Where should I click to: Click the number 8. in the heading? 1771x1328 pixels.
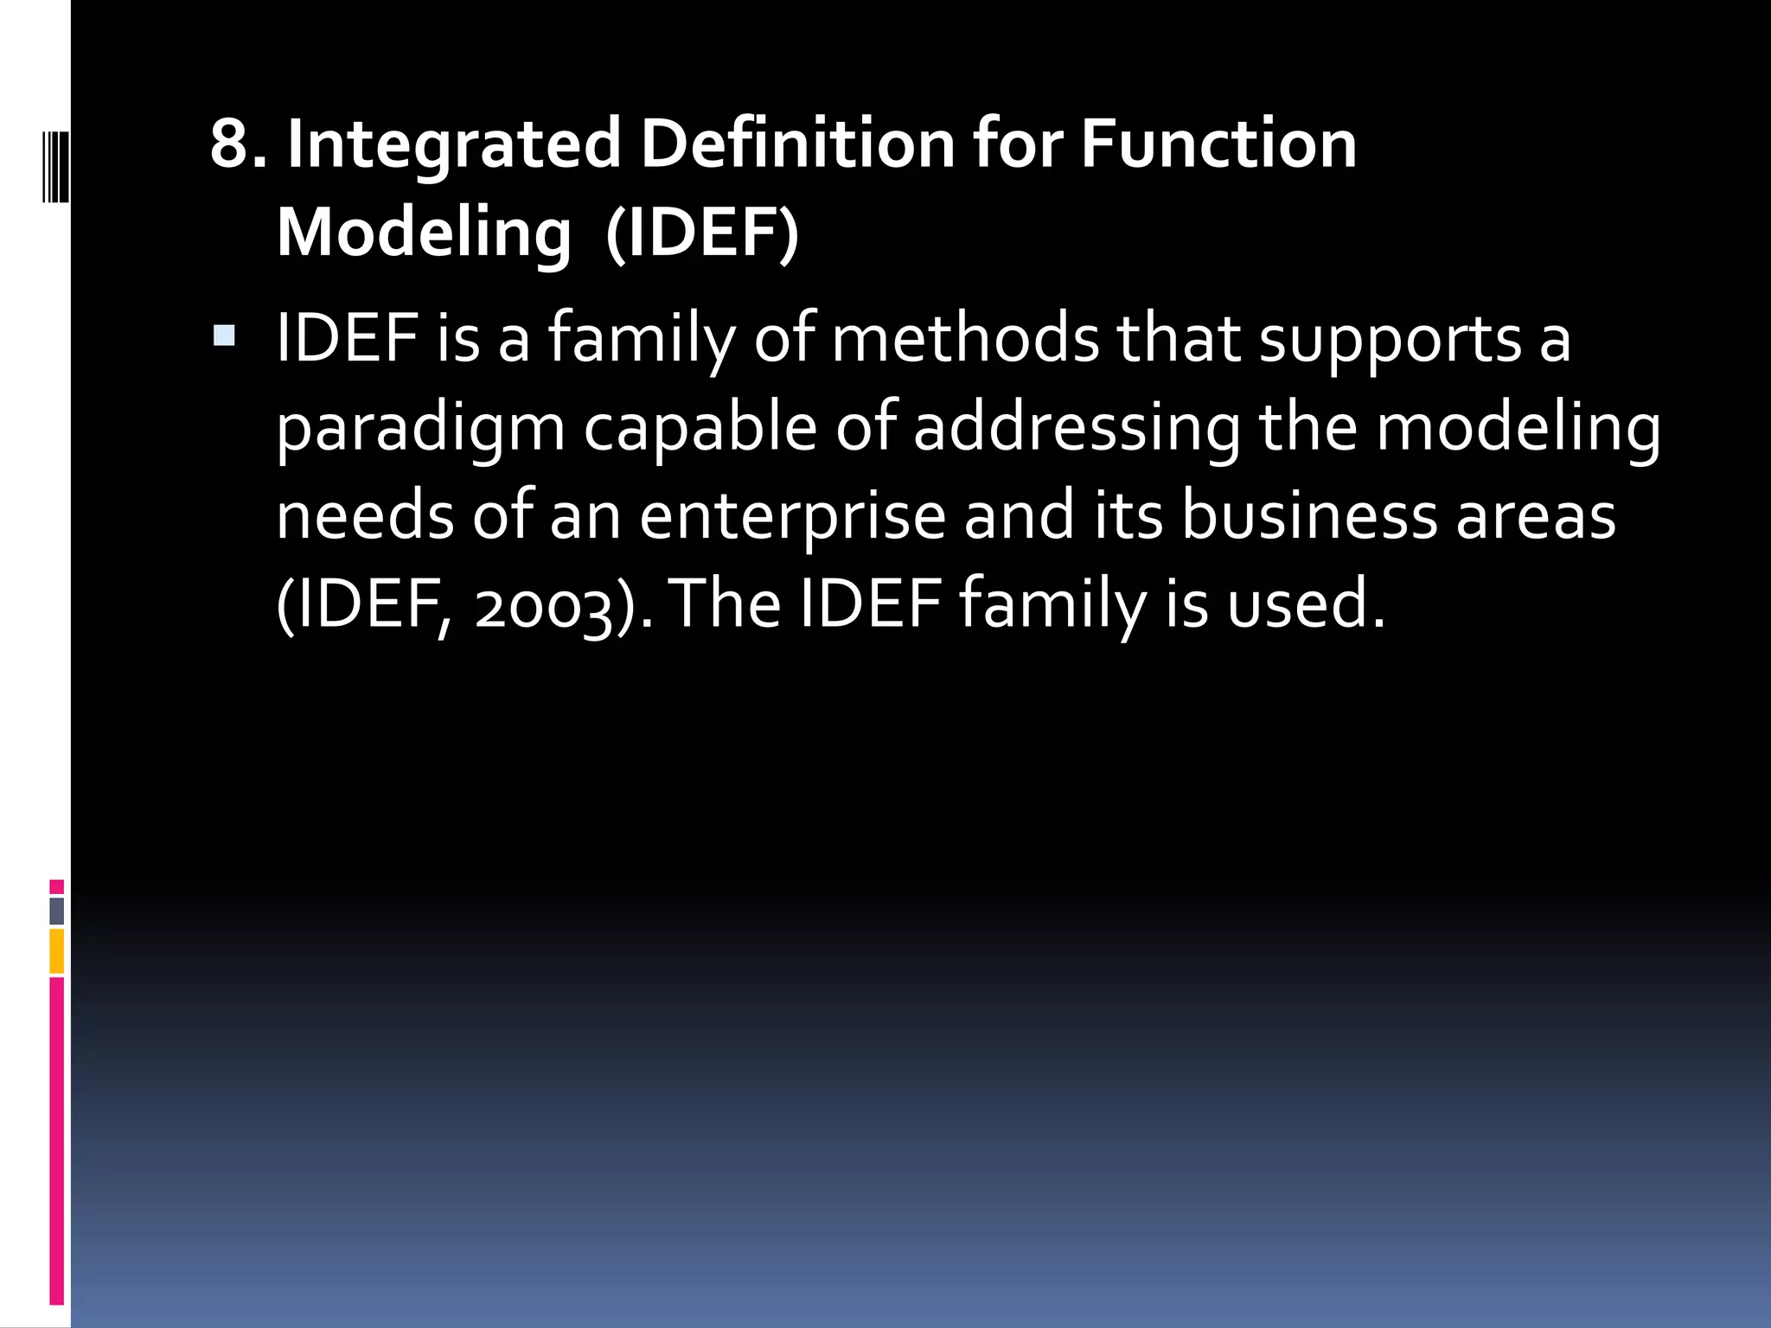(x=238, y=144)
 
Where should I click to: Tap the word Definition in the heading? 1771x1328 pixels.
(x=797, y=144)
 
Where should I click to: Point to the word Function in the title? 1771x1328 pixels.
(x=1218, y=144)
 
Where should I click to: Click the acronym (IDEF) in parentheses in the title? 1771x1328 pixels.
(x=702, y=233)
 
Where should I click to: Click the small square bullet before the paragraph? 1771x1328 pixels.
(x=224, y=335)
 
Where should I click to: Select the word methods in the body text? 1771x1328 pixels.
(x=965, y=338)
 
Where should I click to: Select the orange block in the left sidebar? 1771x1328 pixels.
(x=57, y=951)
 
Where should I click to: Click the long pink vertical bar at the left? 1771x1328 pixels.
(x=57, y=1141)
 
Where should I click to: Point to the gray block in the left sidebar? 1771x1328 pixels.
(x=57, y=910)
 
